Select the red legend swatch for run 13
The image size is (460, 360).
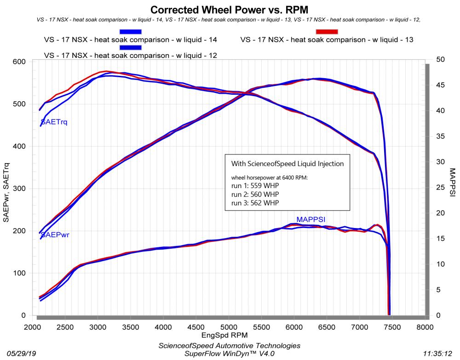[x=326, y=31]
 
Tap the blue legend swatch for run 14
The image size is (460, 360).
[x=130, y=31]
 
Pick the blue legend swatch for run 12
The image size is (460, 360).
[x=130, y=47]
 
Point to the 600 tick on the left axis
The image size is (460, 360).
[x=20, y=62]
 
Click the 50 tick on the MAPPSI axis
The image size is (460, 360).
[x=440, y=60]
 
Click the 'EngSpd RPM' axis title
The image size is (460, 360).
[x=229, y=337]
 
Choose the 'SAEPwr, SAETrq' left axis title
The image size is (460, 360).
[x=6, y=189]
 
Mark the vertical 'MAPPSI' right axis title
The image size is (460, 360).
[x=453, y=188]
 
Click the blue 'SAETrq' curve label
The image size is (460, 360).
[x=54, y=122]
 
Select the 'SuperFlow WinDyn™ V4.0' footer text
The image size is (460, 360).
[x=229, y=354]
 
